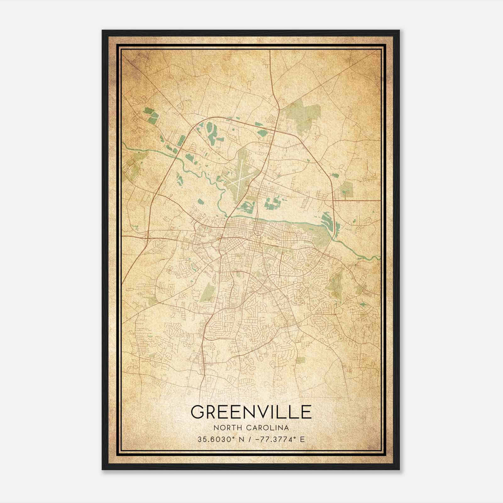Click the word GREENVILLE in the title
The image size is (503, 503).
(x=251, y=412)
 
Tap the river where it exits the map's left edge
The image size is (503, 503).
(x=124, y=145)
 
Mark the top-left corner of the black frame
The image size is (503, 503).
(x=102, y=30)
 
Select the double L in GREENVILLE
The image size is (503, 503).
(x=290, y=412)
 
